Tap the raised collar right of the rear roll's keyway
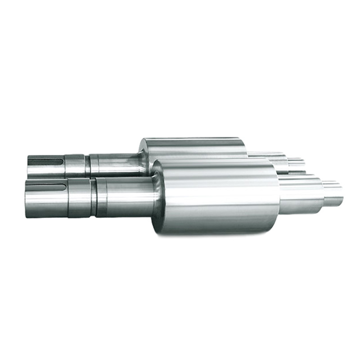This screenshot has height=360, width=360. tap(74, 165)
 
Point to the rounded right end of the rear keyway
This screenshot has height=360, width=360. tap(61, 161)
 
